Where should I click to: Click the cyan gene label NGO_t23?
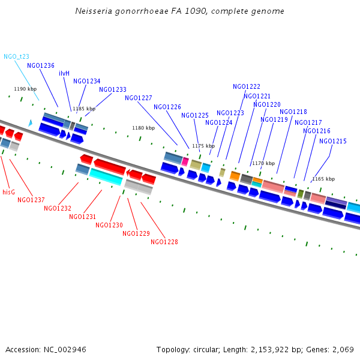point(16,56)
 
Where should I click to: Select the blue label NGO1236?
point(41,66)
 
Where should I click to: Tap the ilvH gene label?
point(64,73)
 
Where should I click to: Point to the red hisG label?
point(8,193)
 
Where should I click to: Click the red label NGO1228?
point(164,242)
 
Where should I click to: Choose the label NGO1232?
point(58,208)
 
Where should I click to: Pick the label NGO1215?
point(333,142)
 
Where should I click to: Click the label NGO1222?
point(247,86)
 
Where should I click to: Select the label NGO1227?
point(139,98)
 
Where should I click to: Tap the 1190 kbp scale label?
point(25,89)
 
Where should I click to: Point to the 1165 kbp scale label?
point(323,179)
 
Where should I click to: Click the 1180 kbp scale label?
point(143,128)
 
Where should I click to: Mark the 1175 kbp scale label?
point(203,146)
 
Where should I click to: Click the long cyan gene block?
point(106,177)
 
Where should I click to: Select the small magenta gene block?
point(185,161)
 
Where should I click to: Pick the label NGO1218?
point(293,112)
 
